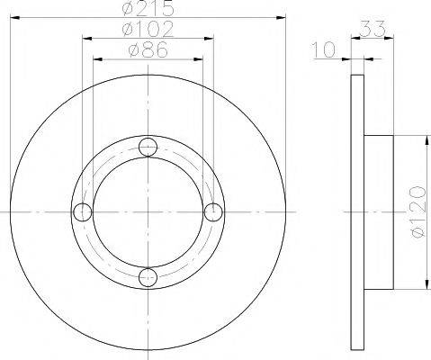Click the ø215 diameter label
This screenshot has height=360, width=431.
click(x=148, y=8)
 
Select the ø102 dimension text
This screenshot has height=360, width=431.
click(x=148, y=29)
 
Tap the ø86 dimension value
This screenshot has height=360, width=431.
click(x=148, y=49)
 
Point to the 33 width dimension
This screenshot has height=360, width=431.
click(x=372, y=29)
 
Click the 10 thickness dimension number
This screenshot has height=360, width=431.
click(x=324, y=49)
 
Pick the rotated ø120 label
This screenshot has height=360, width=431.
click(x=418, y=211)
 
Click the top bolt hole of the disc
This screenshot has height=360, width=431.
click(x=148, y=147)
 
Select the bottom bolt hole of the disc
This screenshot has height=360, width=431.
click(x=148, y=277)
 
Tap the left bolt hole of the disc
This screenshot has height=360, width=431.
click(x=83, y=212)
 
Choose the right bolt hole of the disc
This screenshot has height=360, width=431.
click(x=213, y=212)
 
